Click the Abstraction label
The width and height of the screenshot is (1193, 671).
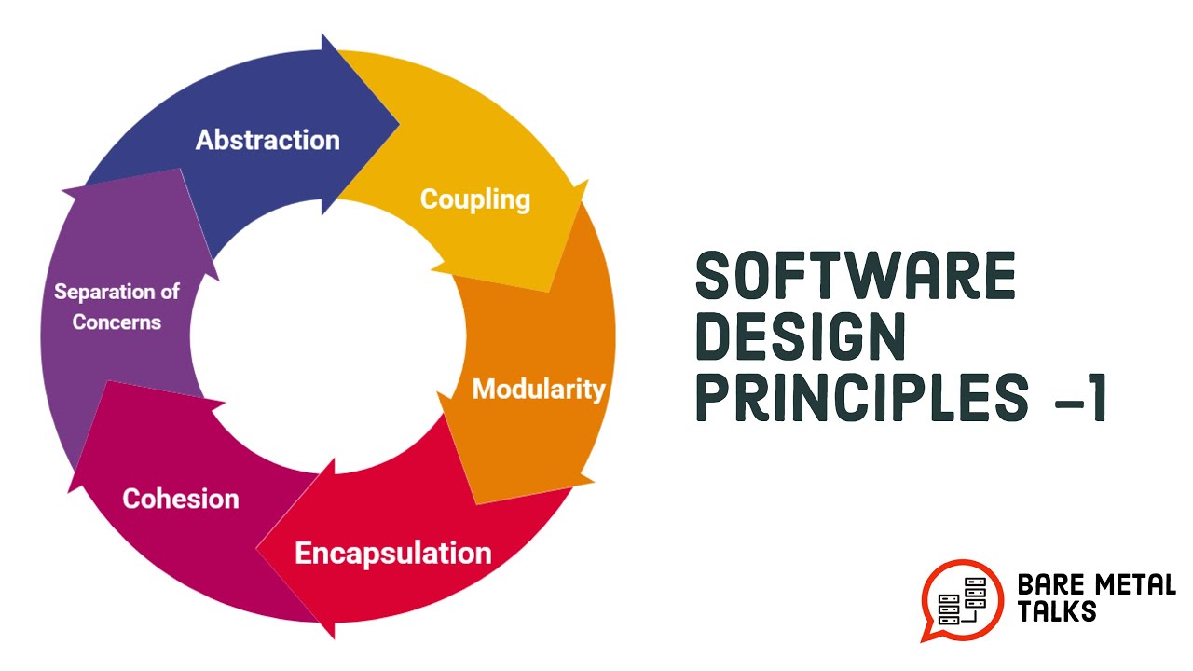(267, 141)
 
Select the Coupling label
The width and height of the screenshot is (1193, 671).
(475, 199)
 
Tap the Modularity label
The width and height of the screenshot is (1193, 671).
(539, 389)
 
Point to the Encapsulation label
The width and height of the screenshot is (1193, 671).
(392, 553)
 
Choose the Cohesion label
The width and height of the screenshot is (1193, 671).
(181, 499)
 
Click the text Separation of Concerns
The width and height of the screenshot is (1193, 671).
(117, 307)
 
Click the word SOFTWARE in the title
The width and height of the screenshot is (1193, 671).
(856, 277)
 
